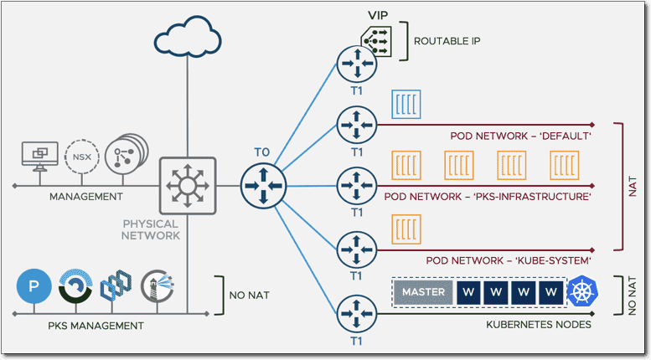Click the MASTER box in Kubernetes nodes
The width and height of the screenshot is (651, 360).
[x=423, y=292]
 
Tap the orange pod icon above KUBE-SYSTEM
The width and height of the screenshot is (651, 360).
[x=407, y=228]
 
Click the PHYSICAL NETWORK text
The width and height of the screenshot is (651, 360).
[x=151, y=229]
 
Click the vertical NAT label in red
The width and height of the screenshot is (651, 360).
[x=633, y=186]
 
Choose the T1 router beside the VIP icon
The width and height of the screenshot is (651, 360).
[x=357, y=64]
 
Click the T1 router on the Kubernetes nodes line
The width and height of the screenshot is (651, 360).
[x=357, y=315]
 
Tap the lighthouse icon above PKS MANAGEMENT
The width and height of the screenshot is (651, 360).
[x=158, y=287]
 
